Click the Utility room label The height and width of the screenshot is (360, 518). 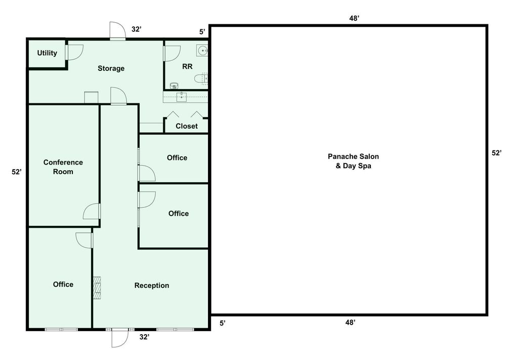click(47, 53)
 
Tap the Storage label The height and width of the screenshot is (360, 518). click(111, 68)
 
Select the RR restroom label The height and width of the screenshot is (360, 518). click(187, 66)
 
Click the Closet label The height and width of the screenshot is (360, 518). click(187, 126)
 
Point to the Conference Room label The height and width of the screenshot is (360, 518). click(63, 167)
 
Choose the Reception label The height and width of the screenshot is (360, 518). click(152, 286)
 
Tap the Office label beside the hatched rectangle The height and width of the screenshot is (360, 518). click(63, 285)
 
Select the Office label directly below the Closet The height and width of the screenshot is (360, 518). click(177, 158)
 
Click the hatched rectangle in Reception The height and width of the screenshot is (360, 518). click(97, 289)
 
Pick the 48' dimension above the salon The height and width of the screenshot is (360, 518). click(354, 18)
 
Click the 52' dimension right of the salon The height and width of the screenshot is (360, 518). click(496, 153)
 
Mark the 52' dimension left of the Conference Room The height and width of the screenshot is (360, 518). click(17, 172)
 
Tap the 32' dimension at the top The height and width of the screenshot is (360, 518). click(137, 29)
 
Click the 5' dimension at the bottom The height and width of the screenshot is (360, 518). click(223, 323)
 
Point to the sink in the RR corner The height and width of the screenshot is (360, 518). click(203, 50)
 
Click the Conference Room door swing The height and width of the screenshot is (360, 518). click(92, 211)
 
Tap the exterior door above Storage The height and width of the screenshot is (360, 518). click(117, 31)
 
